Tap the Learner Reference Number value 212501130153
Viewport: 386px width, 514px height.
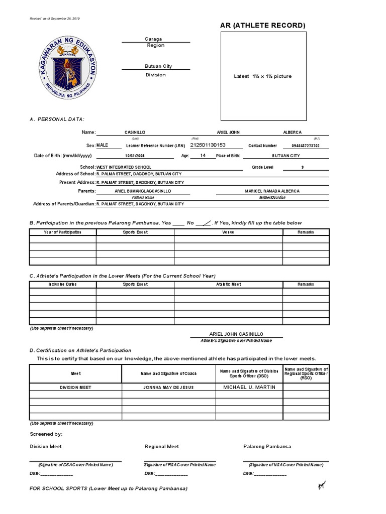click(x=208, y=145)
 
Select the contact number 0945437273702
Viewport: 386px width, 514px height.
click(x=305, y=146)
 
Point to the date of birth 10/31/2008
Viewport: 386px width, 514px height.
click(x=134, y=156)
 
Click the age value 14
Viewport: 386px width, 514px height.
click(x=203, y=156)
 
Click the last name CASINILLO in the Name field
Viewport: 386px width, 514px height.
click(x=134, y=133)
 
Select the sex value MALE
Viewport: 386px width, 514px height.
click(x=102, y=145)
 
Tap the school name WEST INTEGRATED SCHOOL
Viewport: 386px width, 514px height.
click(x=124, y=167)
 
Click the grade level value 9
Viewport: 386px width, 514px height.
click(x=302, y=167)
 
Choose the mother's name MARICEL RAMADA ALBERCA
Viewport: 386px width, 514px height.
click(x=272, y=191)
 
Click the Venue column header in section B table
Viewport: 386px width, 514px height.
click(x=228, y=232)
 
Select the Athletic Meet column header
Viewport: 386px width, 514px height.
click(x=228, y=284)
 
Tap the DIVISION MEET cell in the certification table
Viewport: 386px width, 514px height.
click(x=75, y=388)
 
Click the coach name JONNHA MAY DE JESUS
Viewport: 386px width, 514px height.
click(x=168, y=388)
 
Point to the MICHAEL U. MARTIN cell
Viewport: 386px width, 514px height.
click(x=249, y=387)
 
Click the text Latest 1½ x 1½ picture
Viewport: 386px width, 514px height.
click(x=262, y=76)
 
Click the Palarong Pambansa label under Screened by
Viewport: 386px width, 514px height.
click(x=267, y=446)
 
